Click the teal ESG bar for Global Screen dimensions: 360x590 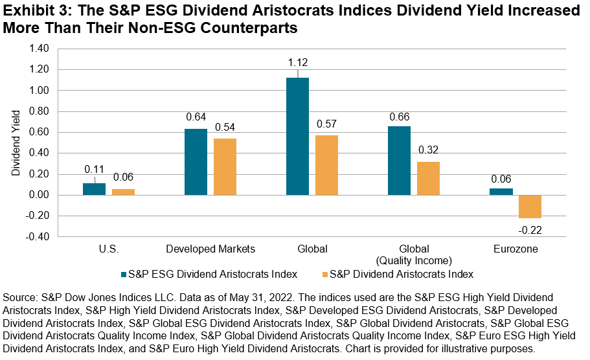click(x=297, y=136)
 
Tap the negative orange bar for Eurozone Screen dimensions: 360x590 click(x=529, y=207)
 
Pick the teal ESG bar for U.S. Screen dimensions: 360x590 click(x=94, y=189)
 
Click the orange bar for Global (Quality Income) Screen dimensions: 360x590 click(x=428, y=178)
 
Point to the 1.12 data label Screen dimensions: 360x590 click(x=297, y=64)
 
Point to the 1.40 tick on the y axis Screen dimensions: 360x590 click(x=41, y=49)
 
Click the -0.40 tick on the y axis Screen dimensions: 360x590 click(x=40, y=237)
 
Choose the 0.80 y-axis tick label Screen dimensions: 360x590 click(x=41, y=111)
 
